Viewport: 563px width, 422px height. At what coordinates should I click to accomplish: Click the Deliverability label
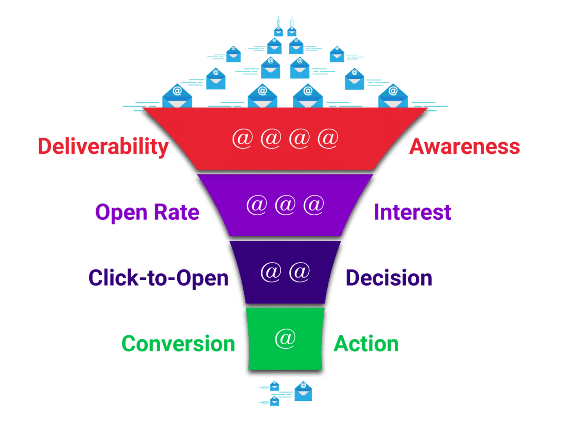pos(103,147)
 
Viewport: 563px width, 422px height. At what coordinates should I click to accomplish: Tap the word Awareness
pos(464,147)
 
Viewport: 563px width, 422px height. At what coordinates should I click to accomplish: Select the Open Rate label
pos(147,212)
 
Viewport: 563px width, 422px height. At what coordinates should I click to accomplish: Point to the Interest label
pos(413,212)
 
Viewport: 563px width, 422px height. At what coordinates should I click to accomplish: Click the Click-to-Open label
pos(158,278)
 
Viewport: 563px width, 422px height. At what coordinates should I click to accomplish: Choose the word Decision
pos(389,278)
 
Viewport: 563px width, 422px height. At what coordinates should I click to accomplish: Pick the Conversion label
pos(178,344)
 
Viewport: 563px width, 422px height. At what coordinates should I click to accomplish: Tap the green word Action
pos(366,344)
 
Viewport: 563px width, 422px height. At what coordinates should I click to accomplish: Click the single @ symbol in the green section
pos(285,338)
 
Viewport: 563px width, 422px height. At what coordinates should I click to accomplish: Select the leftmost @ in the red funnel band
pos(243,139)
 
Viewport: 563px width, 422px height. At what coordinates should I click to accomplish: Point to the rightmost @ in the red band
pos(328,139)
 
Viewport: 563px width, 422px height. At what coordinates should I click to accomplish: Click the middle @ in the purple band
pos(285,205)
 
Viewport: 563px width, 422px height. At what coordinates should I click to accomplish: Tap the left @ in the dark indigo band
pos(271,272)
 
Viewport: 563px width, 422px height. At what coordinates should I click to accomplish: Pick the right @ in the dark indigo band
pos(300,272)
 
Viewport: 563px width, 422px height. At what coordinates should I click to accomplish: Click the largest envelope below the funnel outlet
pos(303,391)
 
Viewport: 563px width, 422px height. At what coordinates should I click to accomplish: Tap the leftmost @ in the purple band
pos(257,205)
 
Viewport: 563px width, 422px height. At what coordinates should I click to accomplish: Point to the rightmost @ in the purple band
pos(314,205)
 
